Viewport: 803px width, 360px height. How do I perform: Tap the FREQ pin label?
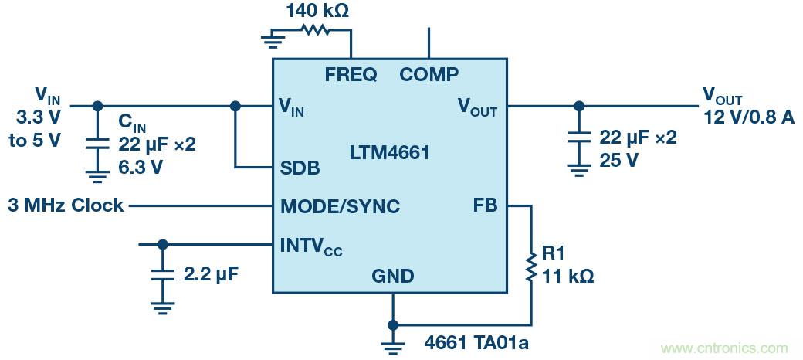click(x=351, y=75)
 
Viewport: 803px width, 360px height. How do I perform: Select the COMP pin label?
click(x=429, y=75)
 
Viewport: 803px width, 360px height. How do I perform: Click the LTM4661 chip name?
click(x=388, y=153)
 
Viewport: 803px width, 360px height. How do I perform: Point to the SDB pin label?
click(x=300, y=168)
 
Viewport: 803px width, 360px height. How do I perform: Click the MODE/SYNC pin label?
click(x=340, y=206)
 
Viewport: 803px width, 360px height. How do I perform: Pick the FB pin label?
click(x=486, y=206)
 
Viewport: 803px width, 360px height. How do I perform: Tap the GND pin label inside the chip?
click(x=392, y=276)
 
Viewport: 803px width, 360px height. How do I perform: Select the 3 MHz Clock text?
click(x=66, y=206)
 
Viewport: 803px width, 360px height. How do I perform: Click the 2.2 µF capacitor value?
click(x=210, y=274)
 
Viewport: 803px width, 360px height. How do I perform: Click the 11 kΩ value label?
click(x=568, y=275)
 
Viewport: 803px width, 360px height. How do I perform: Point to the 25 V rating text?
click(x=619, y=159)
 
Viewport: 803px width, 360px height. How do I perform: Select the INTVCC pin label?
click(x=311, y=247)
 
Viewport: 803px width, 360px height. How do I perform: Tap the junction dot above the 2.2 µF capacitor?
click(x=162, y=244)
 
